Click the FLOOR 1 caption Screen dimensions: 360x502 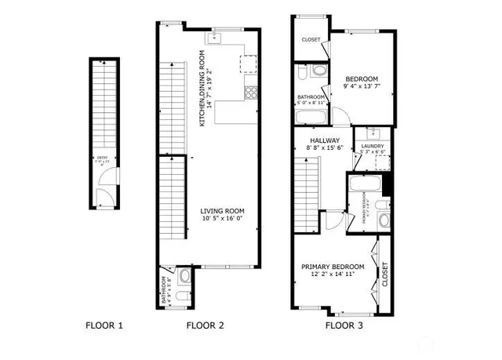coord(104,325)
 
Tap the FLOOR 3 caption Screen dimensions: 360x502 coord(344,325)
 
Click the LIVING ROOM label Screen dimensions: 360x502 coord(223,210)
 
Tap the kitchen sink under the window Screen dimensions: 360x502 coord(219,37)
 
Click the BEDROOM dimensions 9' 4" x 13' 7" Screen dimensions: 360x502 coord(362,88)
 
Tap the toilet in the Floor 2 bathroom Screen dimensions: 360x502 coord(184,276)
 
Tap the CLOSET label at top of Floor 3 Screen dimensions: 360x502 coord(311,42)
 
